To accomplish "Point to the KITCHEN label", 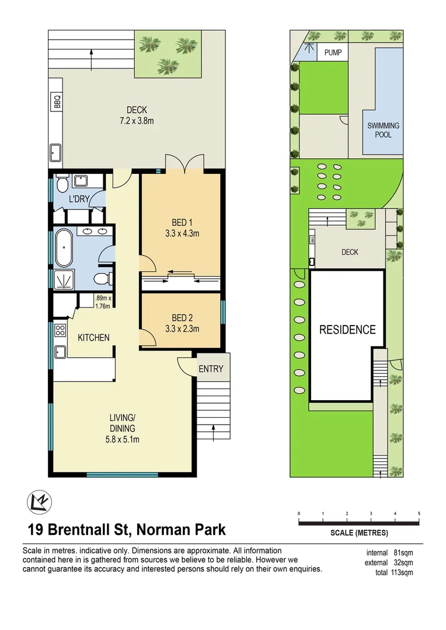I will [x=93, y=337].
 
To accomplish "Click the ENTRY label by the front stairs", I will [x=211, y=369].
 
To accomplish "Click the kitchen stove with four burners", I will [x=60, y=332].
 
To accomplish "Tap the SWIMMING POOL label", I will [x=383, y=130].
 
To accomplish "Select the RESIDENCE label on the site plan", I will [x=347, y=330].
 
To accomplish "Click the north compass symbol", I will [x=38, y=501].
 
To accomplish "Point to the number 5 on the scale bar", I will [x=419, y=513].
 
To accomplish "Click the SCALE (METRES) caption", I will [x=358, y=533].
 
